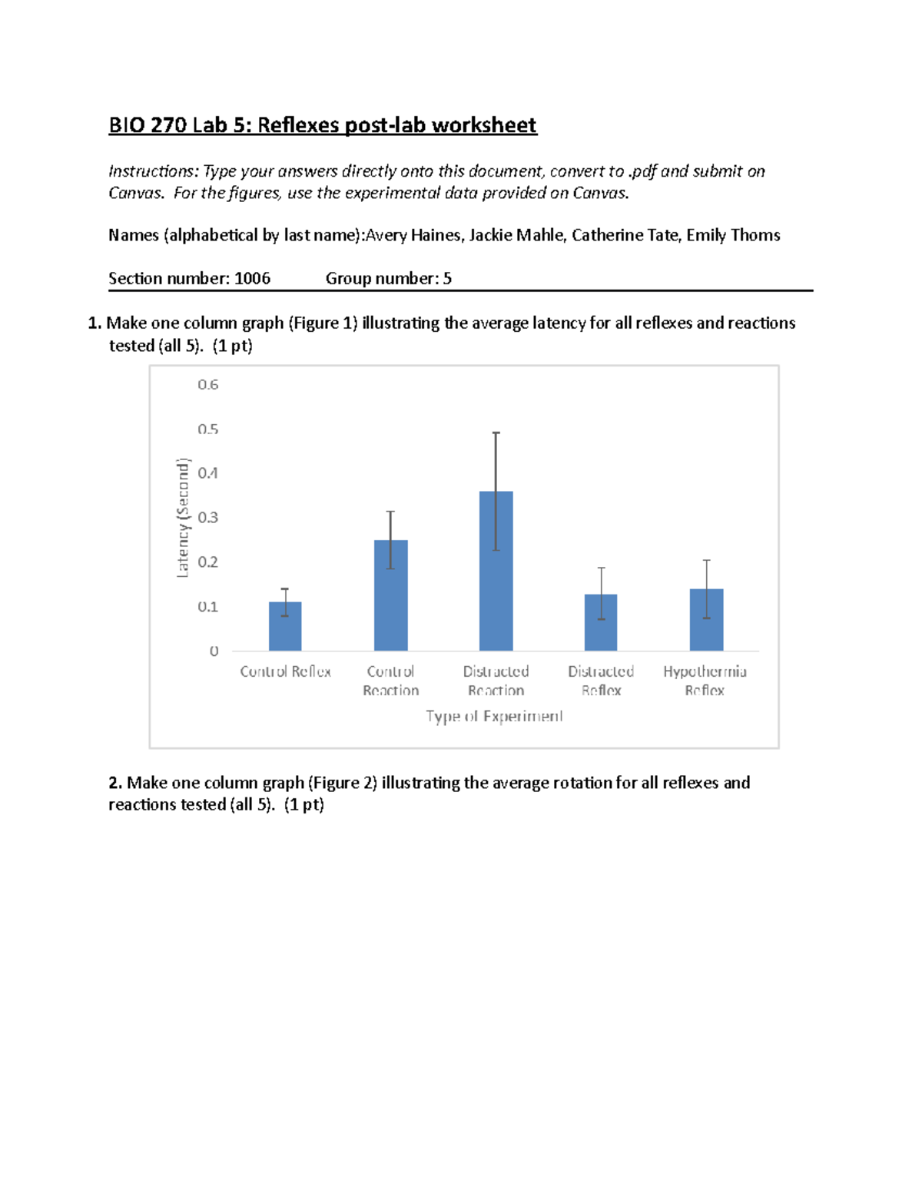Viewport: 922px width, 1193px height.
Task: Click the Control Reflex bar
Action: (285, 626)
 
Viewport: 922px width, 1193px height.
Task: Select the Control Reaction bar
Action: (390, 595)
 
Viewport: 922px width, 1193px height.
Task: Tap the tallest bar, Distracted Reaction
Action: (496, 571)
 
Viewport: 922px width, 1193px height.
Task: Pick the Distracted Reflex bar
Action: (601, 622)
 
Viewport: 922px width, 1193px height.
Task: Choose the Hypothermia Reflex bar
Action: (706, 620)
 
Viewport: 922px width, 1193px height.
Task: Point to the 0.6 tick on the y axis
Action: (208, 385)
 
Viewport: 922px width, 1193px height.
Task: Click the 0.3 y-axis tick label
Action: (208, 518)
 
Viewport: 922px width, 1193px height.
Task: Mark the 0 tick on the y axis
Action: (214, 651)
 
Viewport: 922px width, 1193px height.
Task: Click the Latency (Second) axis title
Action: (182, 518)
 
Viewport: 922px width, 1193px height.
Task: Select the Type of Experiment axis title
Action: (494, 717)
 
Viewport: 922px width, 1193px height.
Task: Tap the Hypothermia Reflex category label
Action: (705, 681)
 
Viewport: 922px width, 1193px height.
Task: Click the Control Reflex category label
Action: (285, 672)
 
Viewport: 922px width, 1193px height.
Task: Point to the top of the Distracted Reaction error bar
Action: (496, 433)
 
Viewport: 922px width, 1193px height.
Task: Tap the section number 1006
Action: (252, 279)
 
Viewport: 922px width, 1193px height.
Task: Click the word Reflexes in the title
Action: (297, 125)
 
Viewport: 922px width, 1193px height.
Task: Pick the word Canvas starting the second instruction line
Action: (135, 193)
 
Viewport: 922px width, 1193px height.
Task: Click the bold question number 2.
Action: (115, 783)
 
